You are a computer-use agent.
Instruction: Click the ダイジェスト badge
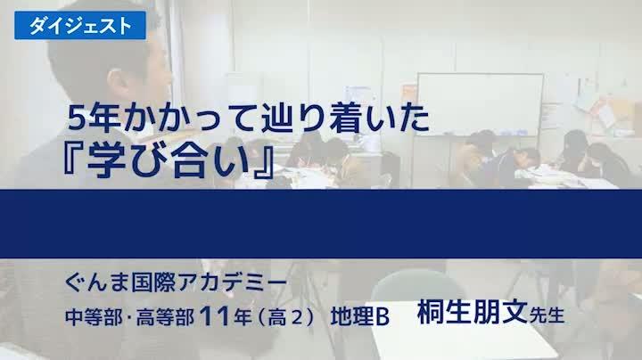[x=78, y=25]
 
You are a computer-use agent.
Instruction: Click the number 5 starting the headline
[x=78, y=116]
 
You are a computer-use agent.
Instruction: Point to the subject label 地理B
[x=360, y=315]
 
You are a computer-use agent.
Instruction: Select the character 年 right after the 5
[x=110, y=116]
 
